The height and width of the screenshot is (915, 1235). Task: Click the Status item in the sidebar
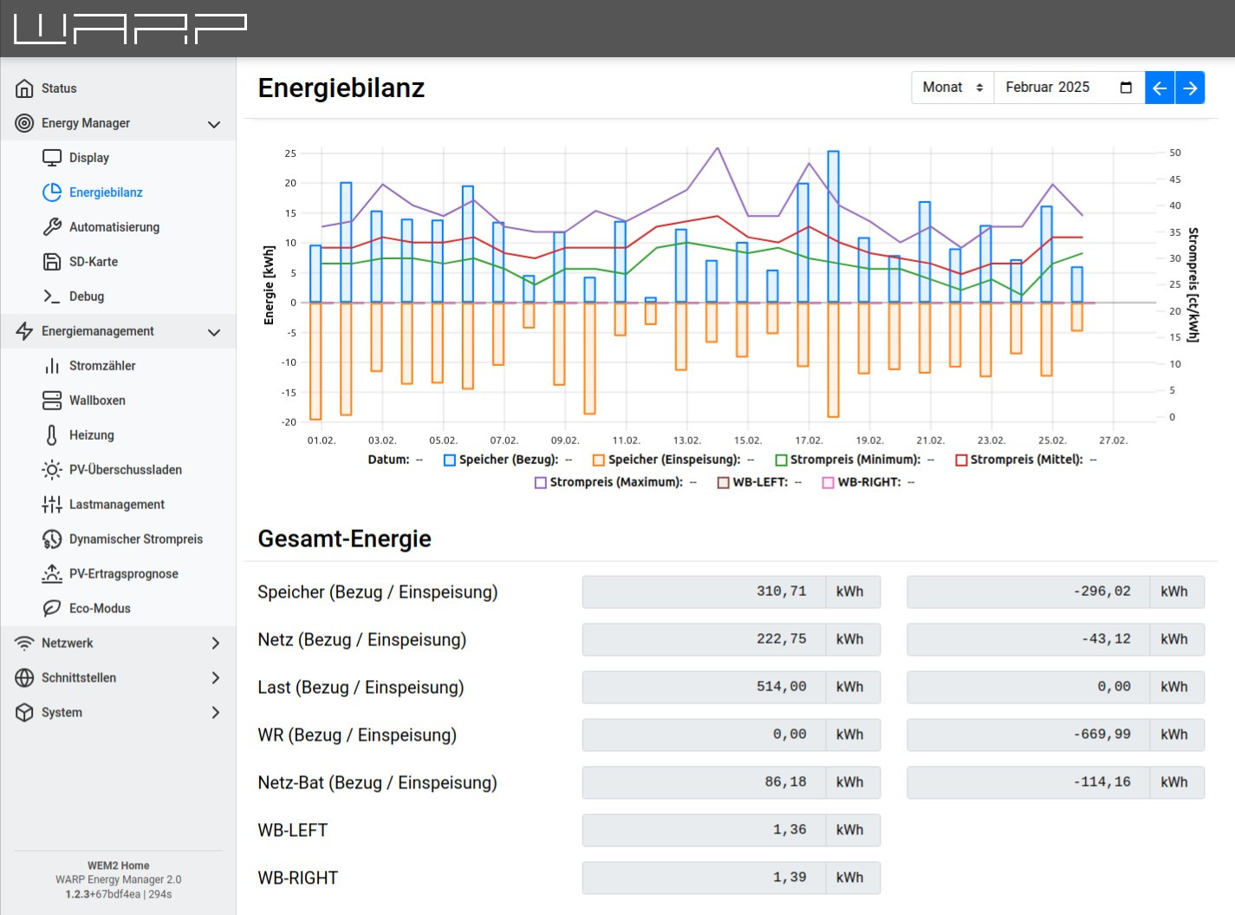point(59,88)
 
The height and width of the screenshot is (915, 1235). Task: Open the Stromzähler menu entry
point(102,366)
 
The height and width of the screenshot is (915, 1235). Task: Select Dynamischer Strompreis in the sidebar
point(135,539)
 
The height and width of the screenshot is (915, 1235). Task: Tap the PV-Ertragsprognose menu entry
point(123,574)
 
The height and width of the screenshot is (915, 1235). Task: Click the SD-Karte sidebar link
point(93,262)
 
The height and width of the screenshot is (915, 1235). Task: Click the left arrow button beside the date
point(1160,88)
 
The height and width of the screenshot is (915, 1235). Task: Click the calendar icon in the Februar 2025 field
point(1126,88)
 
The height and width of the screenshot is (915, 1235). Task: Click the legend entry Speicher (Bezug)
point(508,460)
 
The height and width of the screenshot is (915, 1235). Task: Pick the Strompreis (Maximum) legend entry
point(615,482)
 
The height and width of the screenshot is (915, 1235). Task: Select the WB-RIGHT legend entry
point(868,482)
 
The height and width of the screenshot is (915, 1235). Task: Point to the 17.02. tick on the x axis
point(809,441)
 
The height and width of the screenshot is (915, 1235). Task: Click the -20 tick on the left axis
point(289,422)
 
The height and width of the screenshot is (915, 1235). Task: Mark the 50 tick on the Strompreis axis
point(1175,153)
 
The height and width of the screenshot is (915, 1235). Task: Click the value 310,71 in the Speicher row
point(781,591)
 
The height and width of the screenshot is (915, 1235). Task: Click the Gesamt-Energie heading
point(344,539)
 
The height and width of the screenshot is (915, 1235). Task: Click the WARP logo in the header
point(130,29)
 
